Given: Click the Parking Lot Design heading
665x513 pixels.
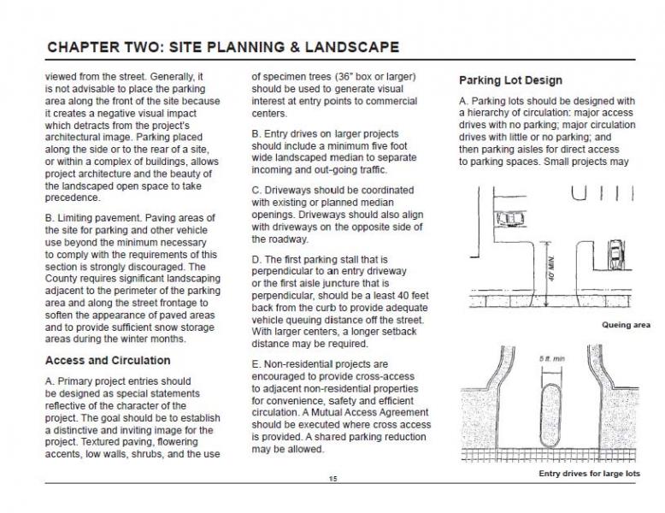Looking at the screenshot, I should (510, 80).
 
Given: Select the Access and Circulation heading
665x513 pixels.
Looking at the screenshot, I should (107, 360).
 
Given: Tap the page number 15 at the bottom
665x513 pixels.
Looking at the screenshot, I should (332, 479).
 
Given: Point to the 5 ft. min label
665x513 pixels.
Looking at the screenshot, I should (550, 358).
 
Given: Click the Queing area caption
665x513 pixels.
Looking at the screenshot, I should (626, 325).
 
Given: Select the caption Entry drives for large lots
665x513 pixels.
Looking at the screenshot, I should (589, 473).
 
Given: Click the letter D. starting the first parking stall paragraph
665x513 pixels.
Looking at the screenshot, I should (256, 259).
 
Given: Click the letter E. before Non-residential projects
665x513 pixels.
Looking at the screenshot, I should (256, 363).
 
